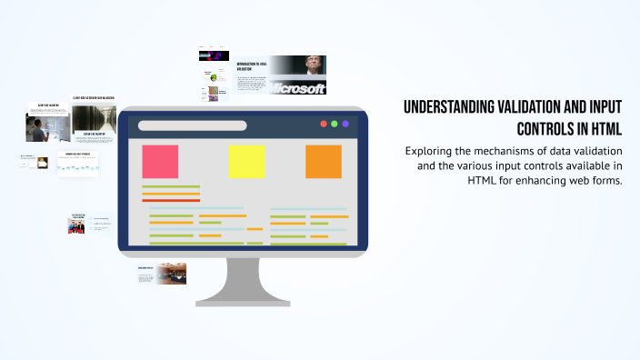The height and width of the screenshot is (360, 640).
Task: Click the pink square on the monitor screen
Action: coord(160,161)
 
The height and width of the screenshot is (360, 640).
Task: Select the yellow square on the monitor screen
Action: coord(246,161)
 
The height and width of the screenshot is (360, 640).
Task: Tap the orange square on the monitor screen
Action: coord(323,161)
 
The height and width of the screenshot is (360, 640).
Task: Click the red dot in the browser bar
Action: coord(322,124)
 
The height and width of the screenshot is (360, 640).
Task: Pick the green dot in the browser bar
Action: coord(334,124)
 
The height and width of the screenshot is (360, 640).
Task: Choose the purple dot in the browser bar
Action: coord(345,124)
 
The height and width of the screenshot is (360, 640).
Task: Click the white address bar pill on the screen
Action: coord(192,125)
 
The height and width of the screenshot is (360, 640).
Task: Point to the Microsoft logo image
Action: coord(297,88)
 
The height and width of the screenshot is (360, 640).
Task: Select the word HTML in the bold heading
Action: coord(604,128)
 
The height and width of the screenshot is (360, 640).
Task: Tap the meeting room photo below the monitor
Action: coord(170,274)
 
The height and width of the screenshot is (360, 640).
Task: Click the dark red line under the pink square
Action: coord(171,201)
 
